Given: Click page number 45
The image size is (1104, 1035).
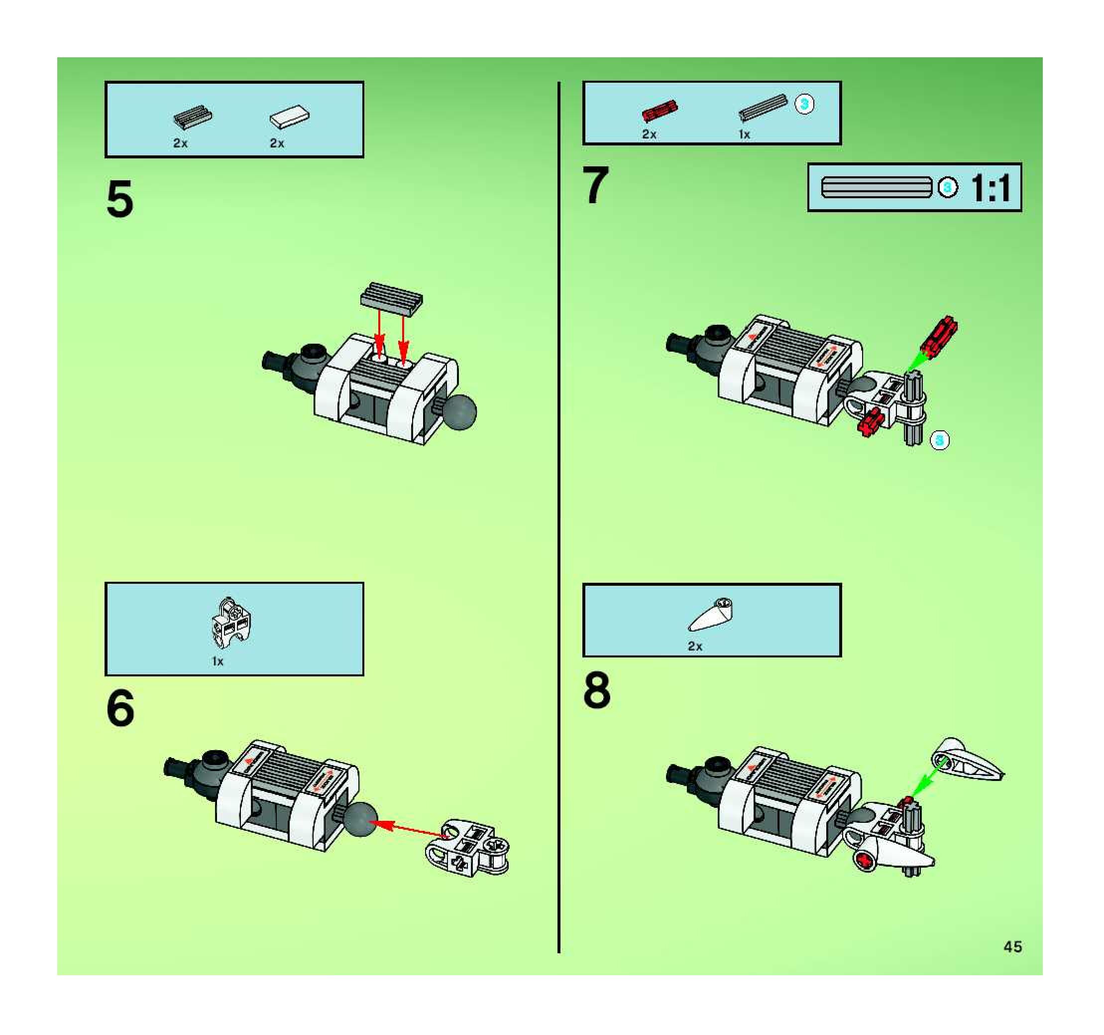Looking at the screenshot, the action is tap(1013, 946).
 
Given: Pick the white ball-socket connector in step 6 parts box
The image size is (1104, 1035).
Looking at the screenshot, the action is tap(230, 622).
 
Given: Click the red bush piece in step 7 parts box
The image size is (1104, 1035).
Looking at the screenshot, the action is tap(660, 110).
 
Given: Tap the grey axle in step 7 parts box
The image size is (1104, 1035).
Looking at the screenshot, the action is tap(763, 107).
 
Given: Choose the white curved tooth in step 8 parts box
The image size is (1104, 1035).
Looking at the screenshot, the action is tap(710, 615).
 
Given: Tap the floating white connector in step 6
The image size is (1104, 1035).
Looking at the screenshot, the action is tap(467, 847).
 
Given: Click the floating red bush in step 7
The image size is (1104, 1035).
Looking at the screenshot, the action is tap(939, 336).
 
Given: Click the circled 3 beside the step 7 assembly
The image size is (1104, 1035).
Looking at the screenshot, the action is tap(940, 441).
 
